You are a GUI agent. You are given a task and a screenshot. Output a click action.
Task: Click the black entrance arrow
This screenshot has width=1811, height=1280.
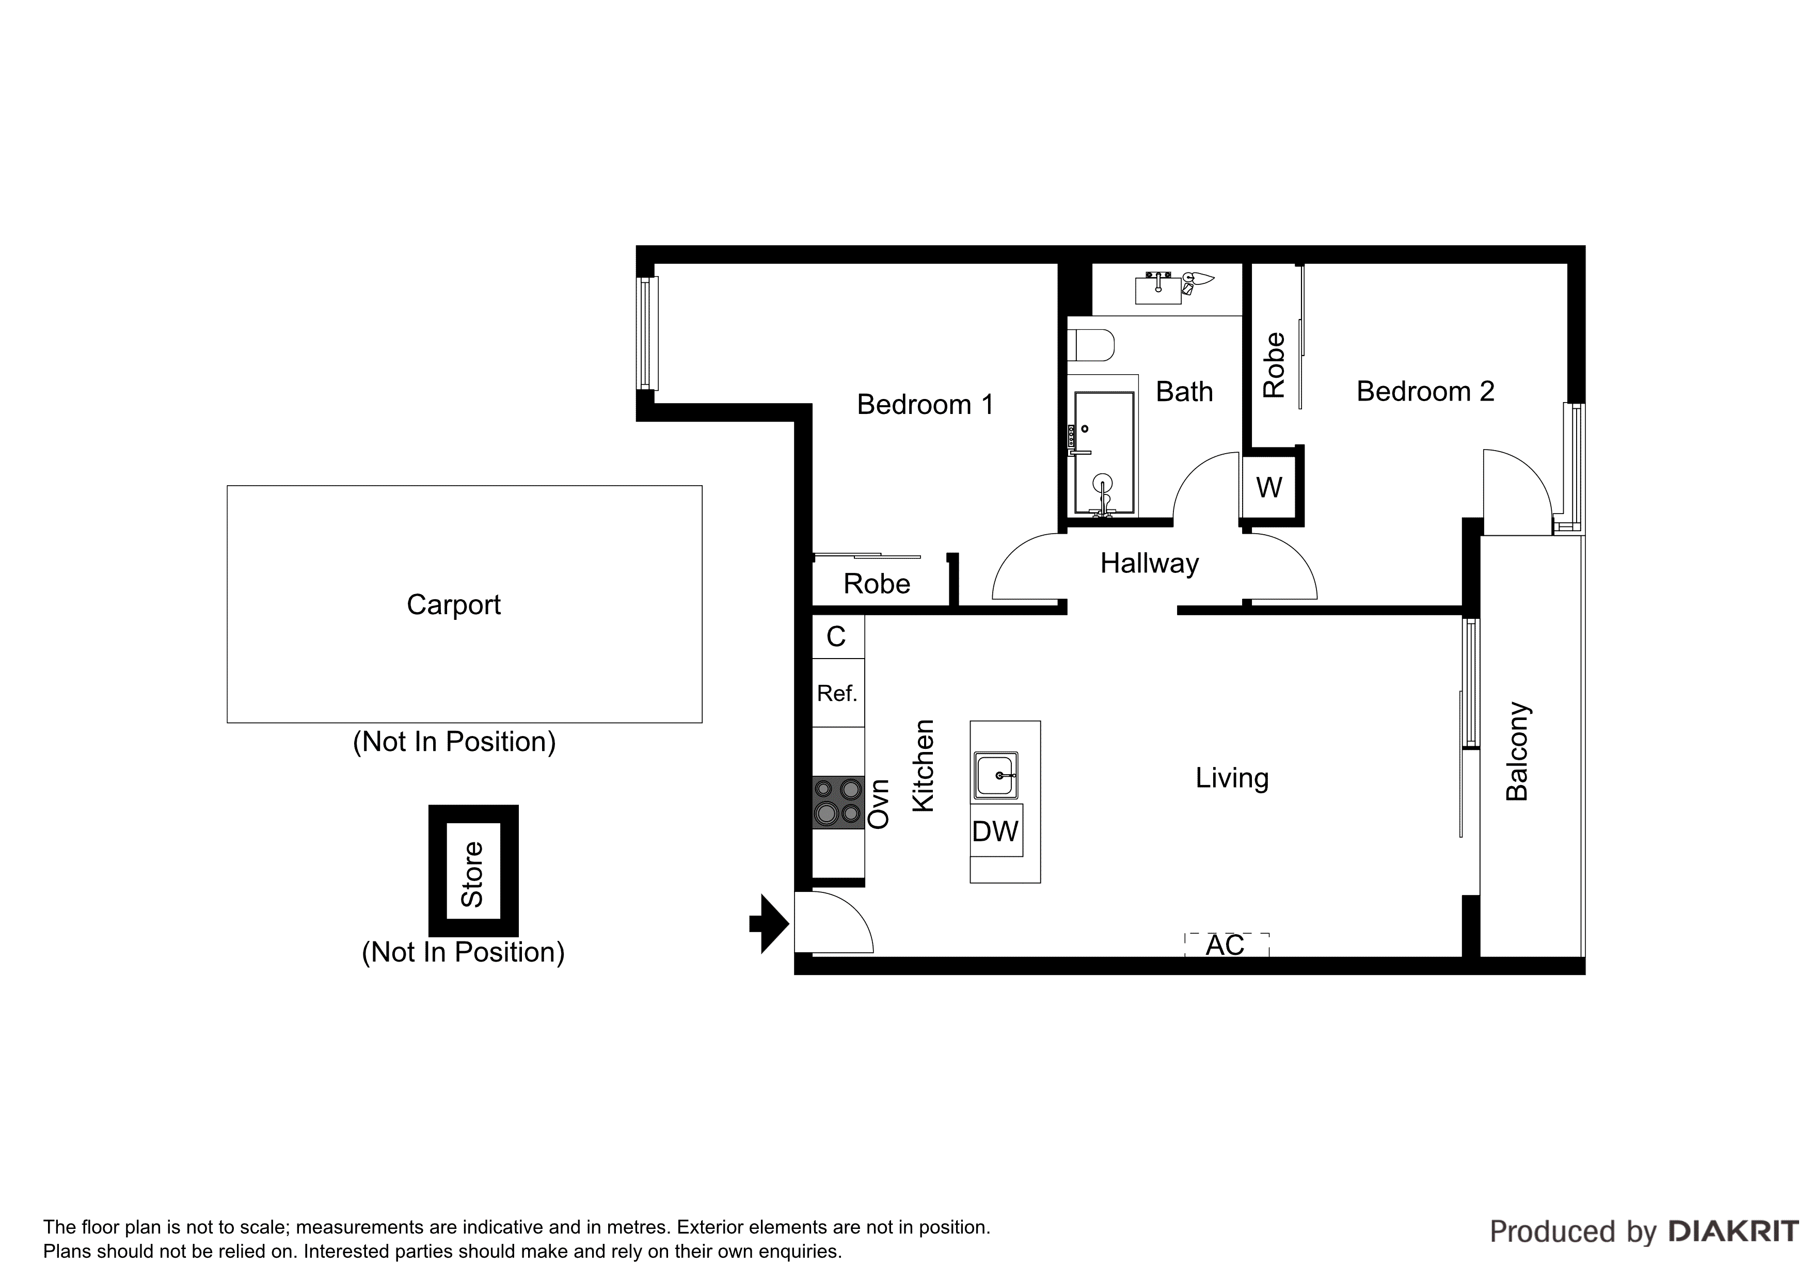[x=770, y=923]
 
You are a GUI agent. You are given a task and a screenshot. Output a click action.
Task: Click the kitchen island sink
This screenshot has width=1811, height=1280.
[x=996, y=775]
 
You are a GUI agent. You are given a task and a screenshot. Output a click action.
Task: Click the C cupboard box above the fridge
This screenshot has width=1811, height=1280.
[x=837, y=636]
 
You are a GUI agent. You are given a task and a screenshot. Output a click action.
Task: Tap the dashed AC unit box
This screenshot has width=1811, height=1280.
[x=1227, y=945]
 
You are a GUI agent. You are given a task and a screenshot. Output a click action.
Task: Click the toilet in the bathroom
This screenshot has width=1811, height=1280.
[x=1092, y=345]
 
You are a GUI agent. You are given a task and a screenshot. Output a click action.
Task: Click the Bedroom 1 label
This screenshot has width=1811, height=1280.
[x=925, y=405]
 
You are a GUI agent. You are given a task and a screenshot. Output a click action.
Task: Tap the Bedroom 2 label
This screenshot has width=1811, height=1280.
[x=1425, y=391]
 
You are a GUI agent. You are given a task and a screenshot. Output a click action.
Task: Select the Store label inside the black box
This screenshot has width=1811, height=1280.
[x=472, y=874]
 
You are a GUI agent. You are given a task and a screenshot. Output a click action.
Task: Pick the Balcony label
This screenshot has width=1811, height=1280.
[x=1518, y=751]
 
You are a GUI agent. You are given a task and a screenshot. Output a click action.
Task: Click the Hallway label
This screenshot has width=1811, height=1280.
[x=1149, y=563]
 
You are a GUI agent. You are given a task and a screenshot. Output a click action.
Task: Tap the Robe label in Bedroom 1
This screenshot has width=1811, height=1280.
[x=876, y=584]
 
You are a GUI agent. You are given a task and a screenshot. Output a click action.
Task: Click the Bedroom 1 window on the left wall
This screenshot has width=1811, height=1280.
[x=647, y=333]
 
